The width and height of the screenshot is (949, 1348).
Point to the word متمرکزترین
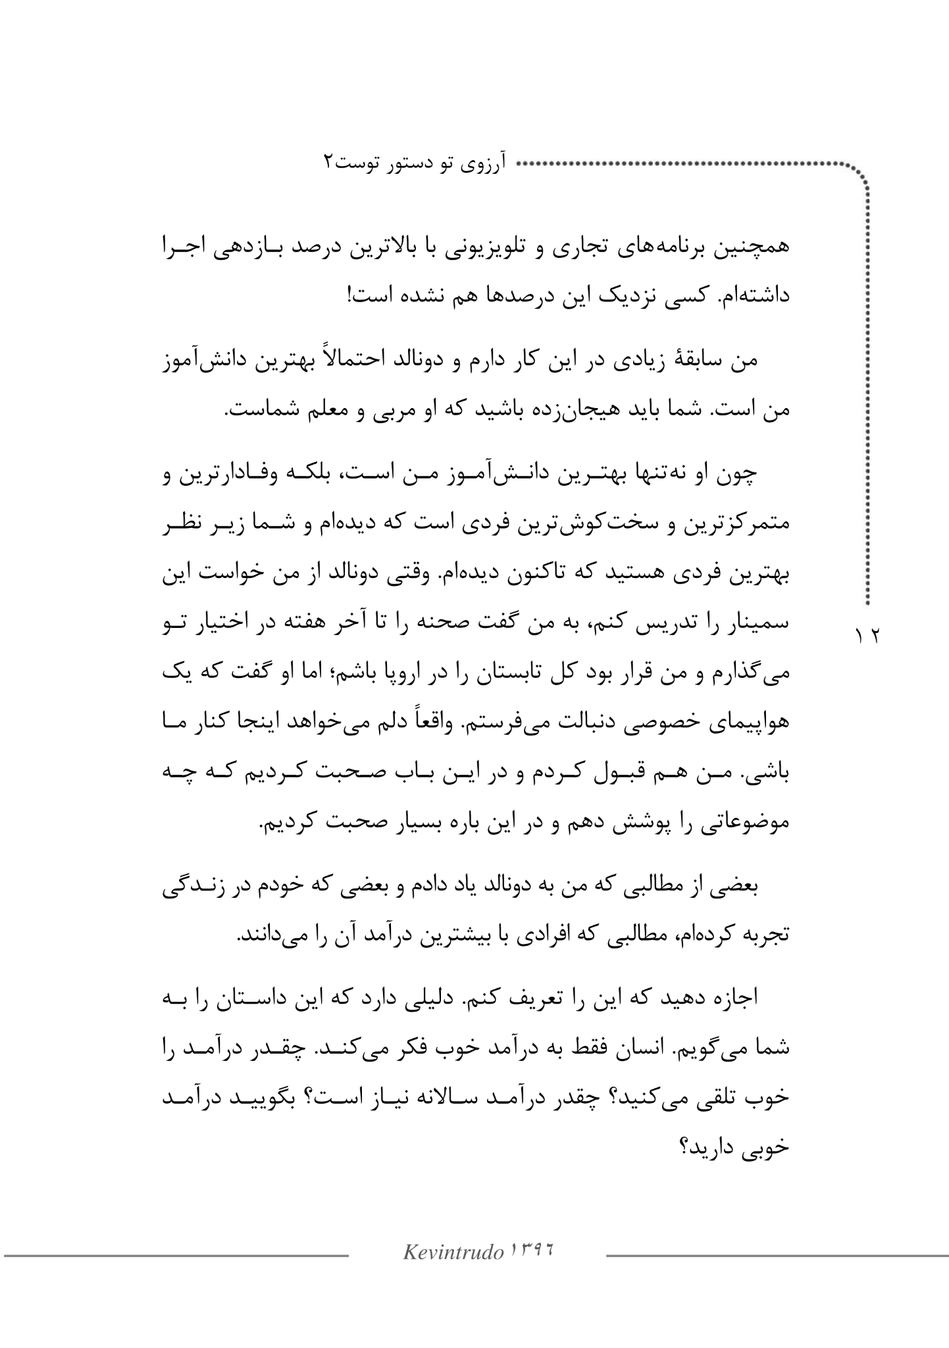point(737,525)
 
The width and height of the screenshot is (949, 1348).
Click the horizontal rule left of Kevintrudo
point(176,1256)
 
